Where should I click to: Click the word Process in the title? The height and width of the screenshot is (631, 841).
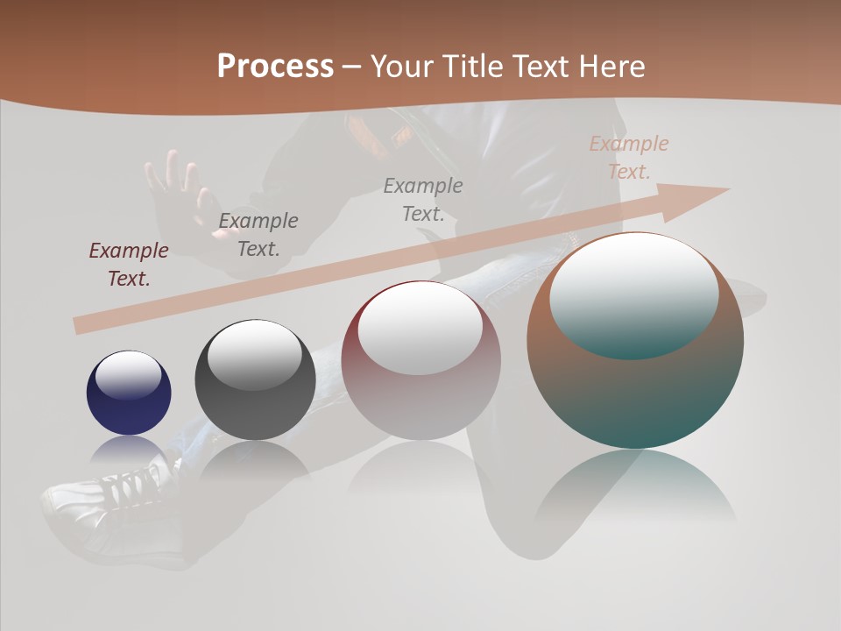coord(275,66)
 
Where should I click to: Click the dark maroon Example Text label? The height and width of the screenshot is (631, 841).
coord(129,265)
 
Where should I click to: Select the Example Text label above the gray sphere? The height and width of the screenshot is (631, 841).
coord(258,235)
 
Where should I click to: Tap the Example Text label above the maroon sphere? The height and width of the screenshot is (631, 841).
coord(423,200)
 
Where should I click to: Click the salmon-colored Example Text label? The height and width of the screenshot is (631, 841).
coord(629,158)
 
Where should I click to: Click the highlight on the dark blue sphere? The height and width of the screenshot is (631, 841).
coord(129,374)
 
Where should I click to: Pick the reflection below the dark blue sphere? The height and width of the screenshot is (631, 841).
coord(129,451)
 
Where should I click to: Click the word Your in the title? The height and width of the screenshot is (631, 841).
coord(404,66)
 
